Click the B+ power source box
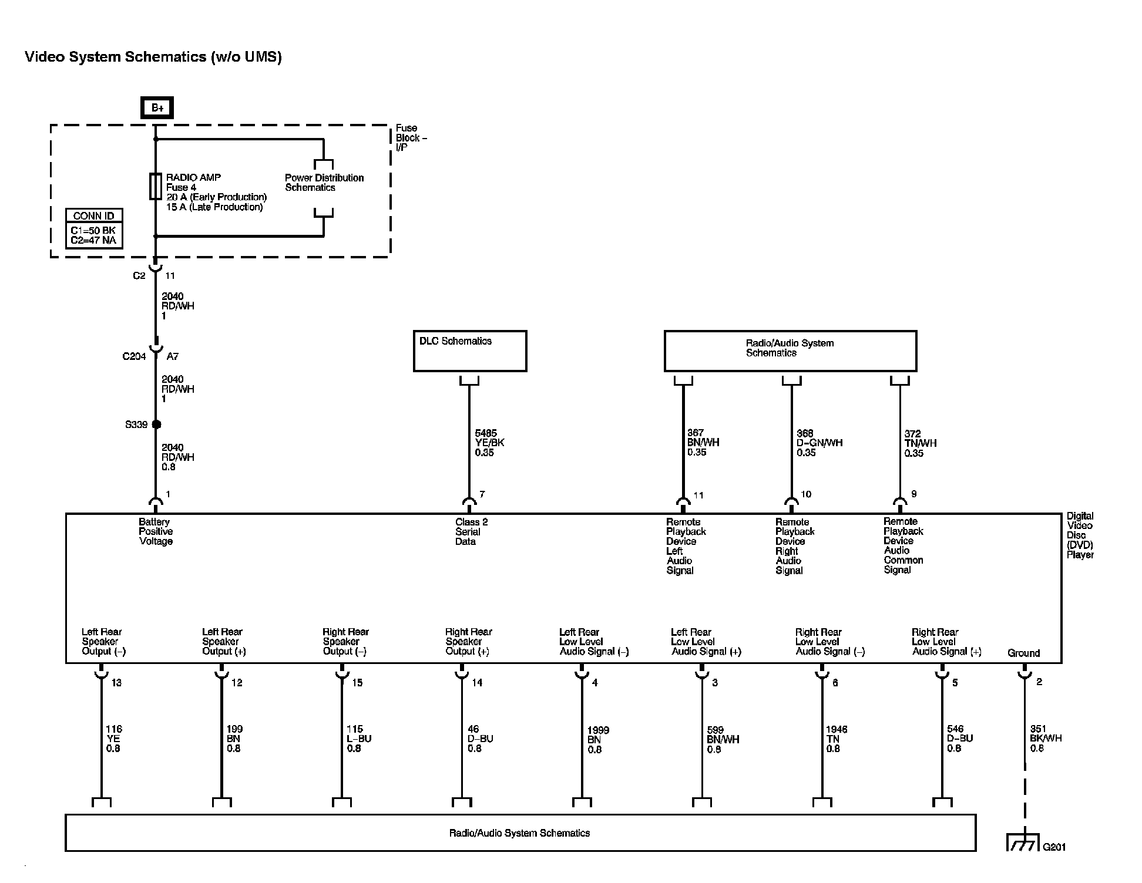[157, 108]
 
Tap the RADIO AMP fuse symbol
[156, 187]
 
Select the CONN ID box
[94, 228]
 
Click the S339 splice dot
[156, 424]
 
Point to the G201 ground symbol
[1024, 842]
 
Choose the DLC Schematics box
[470, 350]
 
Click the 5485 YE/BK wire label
[489, 443]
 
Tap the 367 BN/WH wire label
[703, 443]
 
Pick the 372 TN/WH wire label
[921, 443]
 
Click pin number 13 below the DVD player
[116, 683]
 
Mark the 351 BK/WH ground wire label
[1046, 739]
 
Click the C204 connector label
[134, 356]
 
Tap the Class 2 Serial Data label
[471, 531]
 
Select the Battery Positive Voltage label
[156, 531]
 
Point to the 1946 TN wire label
[837, 739]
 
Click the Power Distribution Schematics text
[324, 183]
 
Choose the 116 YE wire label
[113, 739]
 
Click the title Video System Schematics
[153, 57]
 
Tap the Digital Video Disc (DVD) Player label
[1080, 535]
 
